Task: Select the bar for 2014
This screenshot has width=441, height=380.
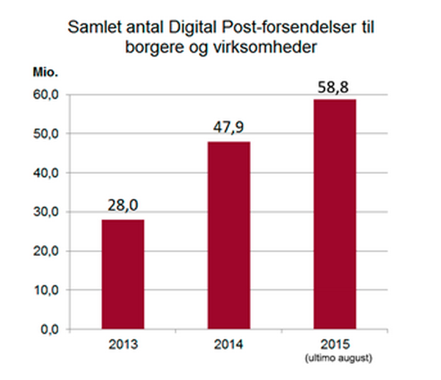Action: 229,235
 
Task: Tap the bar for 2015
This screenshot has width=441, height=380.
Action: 335,213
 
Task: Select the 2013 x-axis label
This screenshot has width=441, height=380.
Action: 123,344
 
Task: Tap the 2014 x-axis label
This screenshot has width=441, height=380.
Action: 229,344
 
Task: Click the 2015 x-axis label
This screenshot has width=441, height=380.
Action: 335,344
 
